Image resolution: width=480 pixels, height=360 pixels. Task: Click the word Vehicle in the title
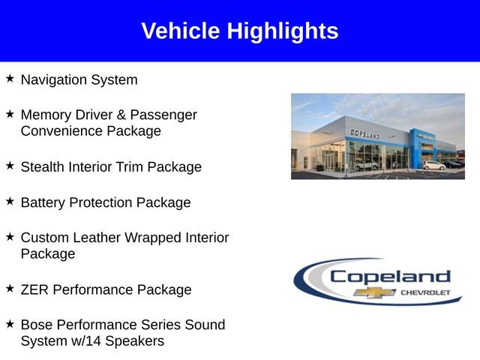(181, 31)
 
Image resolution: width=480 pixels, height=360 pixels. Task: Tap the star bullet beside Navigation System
(10, 78)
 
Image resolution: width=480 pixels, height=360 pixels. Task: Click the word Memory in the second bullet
(45, 115)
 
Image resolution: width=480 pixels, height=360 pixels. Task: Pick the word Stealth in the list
(42, 166)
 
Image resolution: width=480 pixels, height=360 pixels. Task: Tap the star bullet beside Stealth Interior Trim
(10, 165)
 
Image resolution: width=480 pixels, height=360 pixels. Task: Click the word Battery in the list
(43, 202)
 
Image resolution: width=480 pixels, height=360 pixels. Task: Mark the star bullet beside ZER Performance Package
(10, 288)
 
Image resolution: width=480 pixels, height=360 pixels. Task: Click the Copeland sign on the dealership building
(364, 133)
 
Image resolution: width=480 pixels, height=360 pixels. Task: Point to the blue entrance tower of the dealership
(416, 146)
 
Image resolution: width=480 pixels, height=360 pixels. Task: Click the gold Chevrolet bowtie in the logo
(370, 292)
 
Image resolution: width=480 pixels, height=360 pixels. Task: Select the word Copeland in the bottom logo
(390, 276)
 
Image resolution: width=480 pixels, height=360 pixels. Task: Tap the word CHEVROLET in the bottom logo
(425, 292)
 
